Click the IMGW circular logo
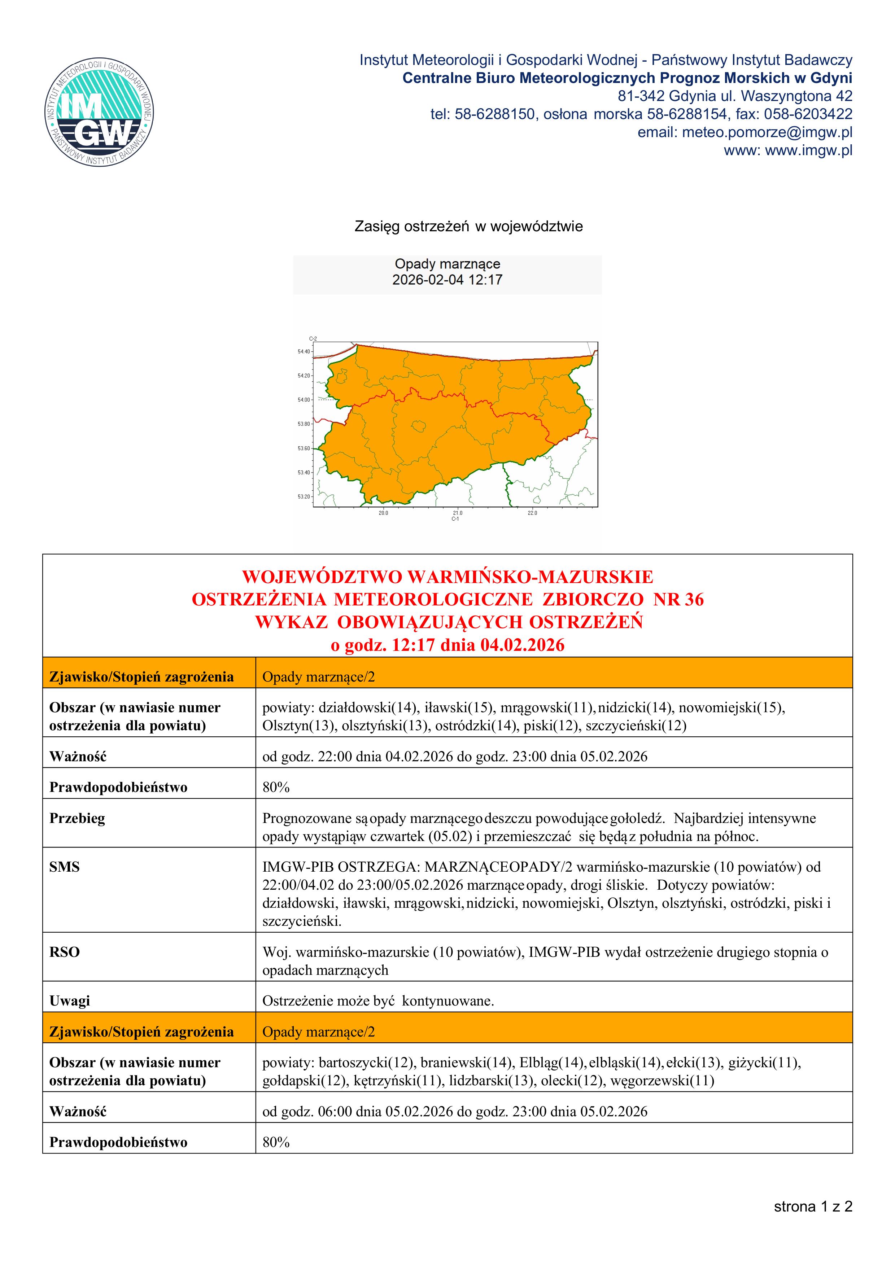pos(99,111)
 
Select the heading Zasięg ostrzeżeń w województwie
pos(468,227)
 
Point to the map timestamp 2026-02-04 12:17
pos(447,280)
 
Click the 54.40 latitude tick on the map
pos(304,351)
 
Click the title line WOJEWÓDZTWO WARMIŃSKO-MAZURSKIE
pos(447,577)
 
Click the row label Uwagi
pos(70,1001)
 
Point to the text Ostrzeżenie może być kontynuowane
pos(378,1001)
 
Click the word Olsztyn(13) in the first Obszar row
pos(299,726)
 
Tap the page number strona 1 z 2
pos(813,1206)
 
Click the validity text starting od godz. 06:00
pos(454,1111)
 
